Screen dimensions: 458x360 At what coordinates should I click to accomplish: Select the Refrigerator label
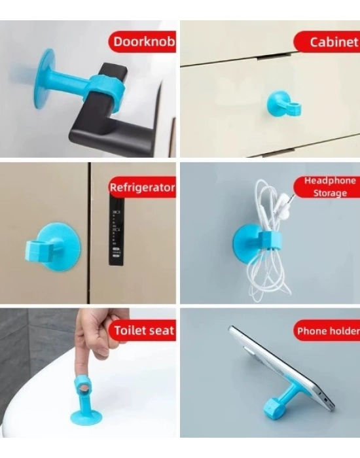click(x=142, y=188)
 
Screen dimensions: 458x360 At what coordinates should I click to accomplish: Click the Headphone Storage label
click(x=329, y=186)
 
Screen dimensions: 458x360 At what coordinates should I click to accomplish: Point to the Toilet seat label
click(x=143, y=330)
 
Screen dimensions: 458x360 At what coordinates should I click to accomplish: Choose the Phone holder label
click(x=327, y=331)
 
